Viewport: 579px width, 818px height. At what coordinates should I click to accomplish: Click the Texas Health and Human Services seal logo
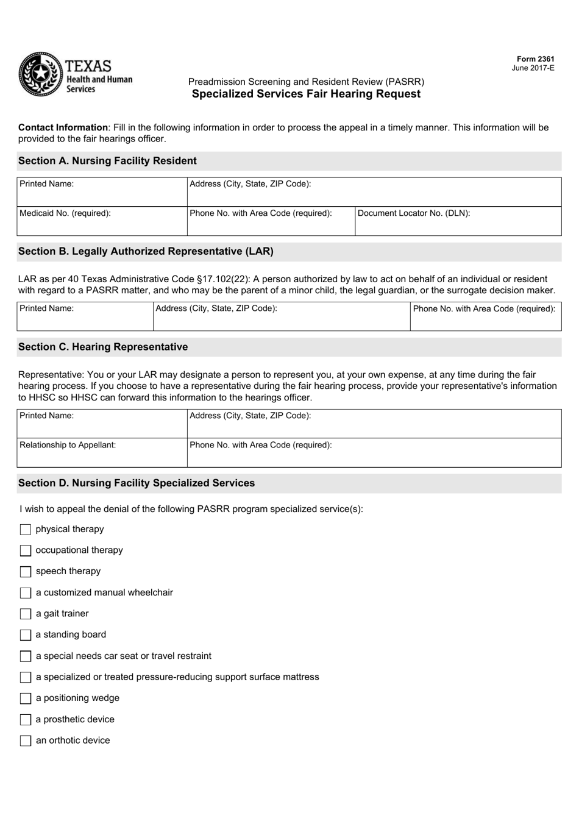coord(41,74)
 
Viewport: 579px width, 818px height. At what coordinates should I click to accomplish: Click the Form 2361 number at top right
coord(533,59)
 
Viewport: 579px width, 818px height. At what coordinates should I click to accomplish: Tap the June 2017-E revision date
coord(533,68)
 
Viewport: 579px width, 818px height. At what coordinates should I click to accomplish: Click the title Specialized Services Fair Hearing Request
coord(306,94)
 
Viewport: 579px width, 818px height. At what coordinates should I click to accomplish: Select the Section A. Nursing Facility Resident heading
coord(107,161)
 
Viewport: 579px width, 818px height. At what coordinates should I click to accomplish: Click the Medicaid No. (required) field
coord(102,221)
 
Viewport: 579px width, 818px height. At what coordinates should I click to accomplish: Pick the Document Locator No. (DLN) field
coord(458,221)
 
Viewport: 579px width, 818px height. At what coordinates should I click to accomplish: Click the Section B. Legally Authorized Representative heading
coord(146,251)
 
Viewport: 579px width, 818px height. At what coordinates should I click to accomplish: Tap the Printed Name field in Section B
coord(85,316)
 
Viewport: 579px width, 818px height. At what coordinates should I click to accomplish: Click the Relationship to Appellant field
coord(102,452)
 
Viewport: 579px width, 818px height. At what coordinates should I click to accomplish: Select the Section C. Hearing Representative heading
coord(103,347)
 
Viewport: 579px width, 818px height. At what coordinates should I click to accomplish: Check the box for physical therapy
coord(26,530)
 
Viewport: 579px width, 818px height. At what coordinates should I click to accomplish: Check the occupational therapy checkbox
coord(26,550)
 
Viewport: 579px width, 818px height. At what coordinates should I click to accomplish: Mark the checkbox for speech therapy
coord(26,572)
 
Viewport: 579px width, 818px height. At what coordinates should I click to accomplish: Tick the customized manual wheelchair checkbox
coord(26,593)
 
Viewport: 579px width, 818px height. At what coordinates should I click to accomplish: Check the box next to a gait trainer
coord(26,614)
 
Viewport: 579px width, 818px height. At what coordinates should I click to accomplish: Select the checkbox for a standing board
coord(26,635)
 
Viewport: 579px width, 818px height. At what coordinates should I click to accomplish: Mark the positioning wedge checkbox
coord(26,699)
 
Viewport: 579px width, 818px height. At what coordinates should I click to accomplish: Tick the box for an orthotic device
coord(26,741)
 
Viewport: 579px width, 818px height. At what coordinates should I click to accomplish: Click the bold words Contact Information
coord(63,127)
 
